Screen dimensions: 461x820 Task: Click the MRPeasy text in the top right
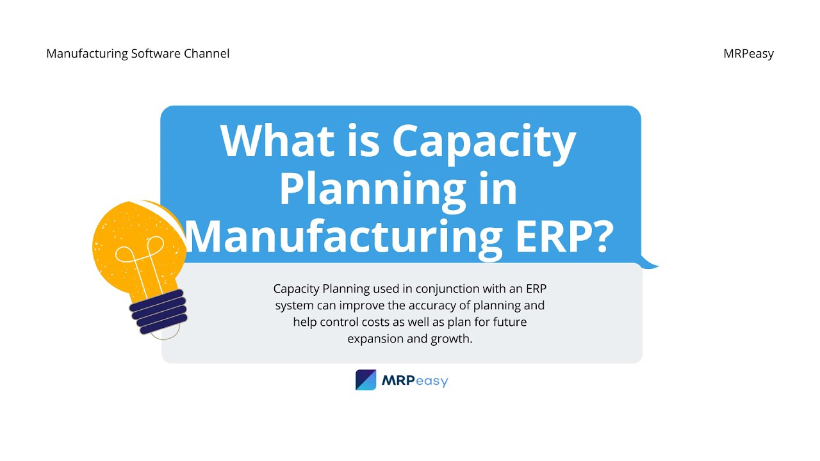748,54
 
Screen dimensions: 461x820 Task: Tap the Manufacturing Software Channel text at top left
138,54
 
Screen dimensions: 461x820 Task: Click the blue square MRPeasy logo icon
366,380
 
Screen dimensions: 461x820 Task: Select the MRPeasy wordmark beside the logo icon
414,381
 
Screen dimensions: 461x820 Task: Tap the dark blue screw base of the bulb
158,312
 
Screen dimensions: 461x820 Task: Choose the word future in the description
509,322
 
